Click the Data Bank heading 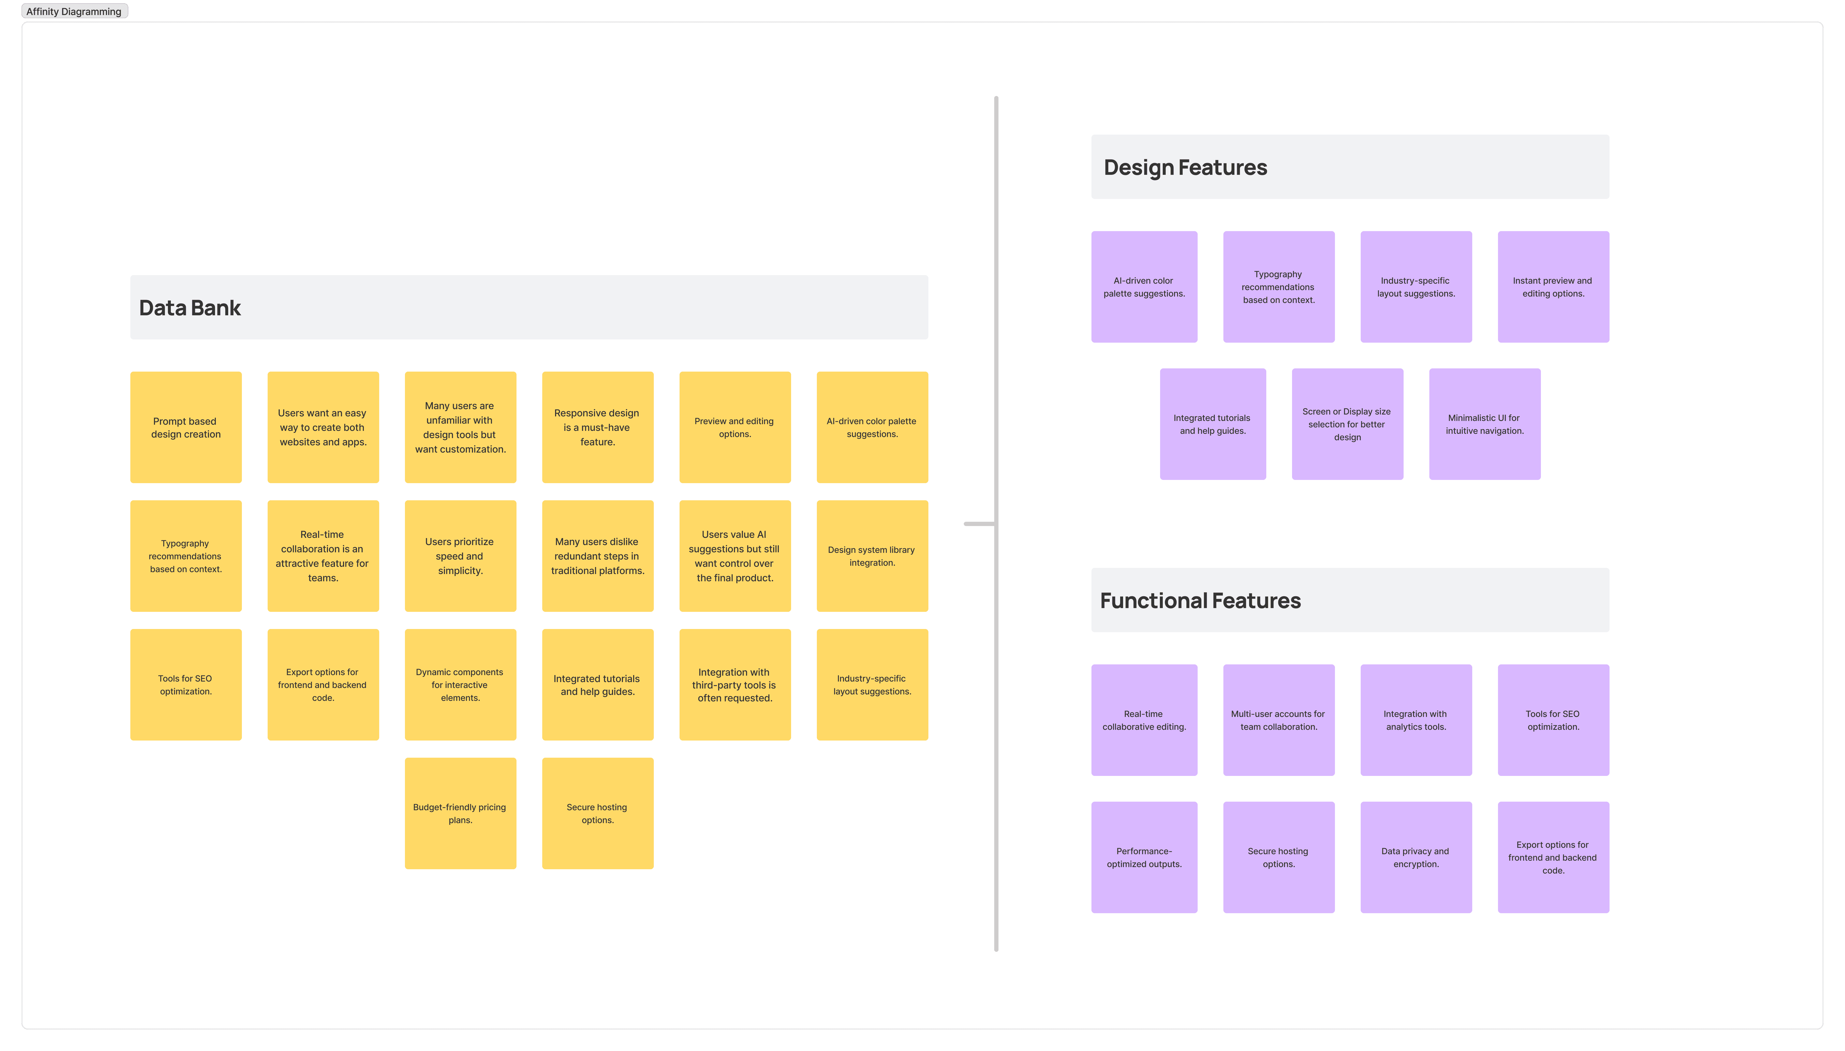point(190,308)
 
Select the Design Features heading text point(1185,168)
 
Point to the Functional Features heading point(1200,601)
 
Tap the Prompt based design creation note point(186,427)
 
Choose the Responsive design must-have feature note point(597,427)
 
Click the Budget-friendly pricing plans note point(460,813)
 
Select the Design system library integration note point(871,556)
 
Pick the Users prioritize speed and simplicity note point(460,556)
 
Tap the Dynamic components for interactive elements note point(460,684)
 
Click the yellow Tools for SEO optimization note point(186,684)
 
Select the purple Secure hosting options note point(1278,857)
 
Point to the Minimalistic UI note point(1484,424)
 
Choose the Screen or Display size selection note point(1347,424)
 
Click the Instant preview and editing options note point(1553,287)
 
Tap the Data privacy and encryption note point(1415,857)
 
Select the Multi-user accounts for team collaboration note point(1278,720)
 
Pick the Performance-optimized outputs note point(1144,857)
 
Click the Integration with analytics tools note point(1415,720)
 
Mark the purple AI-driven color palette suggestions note point(1144,287)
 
